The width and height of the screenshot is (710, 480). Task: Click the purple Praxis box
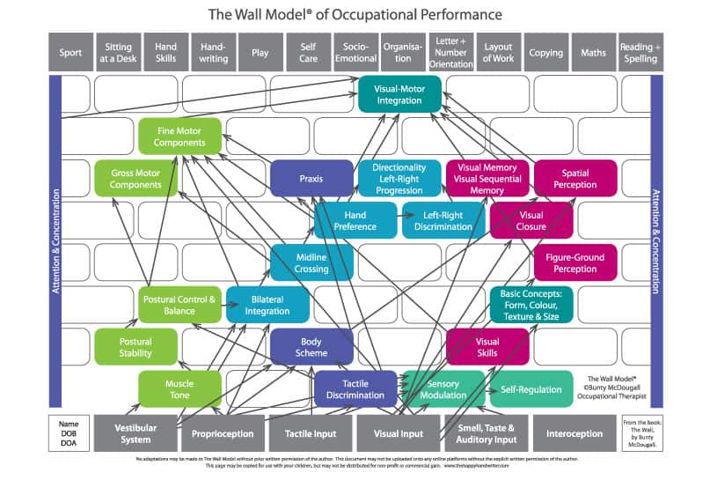point(311,178)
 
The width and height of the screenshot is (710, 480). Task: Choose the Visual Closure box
point(531,220)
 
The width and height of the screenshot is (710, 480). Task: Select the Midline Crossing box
point(311,262)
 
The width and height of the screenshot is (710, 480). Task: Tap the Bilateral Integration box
point(267,304)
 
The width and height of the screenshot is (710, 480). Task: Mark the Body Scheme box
point(311,346)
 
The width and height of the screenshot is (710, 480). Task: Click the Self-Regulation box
point(531,388)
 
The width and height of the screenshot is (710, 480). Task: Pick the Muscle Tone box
point(179,388)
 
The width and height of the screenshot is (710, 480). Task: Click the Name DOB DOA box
point(68,432)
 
